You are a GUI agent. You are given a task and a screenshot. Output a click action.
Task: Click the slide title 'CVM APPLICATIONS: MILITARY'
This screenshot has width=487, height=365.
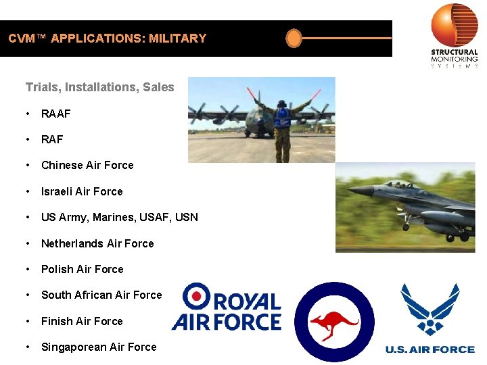108,39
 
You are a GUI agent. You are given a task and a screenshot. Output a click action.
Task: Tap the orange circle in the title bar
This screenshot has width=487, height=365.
294,39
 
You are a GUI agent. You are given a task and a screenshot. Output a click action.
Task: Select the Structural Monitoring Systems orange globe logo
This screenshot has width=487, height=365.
455,25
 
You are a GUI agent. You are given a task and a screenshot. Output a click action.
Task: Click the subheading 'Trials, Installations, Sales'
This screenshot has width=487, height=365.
99,87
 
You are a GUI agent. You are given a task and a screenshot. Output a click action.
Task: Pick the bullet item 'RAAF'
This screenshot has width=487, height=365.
55,114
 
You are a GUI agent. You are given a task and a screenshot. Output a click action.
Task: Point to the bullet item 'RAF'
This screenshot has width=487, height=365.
52,139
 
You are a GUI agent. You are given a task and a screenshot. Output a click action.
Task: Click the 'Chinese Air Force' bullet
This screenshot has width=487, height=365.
87,165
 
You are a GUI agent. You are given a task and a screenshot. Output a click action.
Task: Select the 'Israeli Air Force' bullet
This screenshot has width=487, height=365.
82,191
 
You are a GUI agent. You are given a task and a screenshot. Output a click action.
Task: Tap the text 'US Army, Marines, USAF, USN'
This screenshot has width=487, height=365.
120,217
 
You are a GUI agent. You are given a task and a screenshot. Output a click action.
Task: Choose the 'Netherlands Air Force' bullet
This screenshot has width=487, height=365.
97,243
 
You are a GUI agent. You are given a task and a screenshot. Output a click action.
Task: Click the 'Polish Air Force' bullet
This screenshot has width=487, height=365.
82,269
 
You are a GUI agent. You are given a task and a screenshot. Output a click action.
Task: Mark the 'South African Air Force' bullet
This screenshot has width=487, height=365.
101,295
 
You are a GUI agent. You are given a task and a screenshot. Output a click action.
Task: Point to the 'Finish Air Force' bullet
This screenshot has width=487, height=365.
82,321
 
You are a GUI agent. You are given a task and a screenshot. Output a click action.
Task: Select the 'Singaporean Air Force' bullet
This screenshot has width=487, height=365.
99,347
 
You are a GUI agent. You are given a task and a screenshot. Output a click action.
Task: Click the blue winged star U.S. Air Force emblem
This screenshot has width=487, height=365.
430,309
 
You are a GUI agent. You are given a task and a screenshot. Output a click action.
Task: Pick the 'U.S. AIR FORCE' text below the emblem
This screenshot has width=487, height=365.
430,349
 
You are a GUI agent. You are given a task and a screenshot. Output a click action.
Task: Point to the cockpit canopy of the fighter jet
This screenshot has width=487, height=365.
398,183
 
